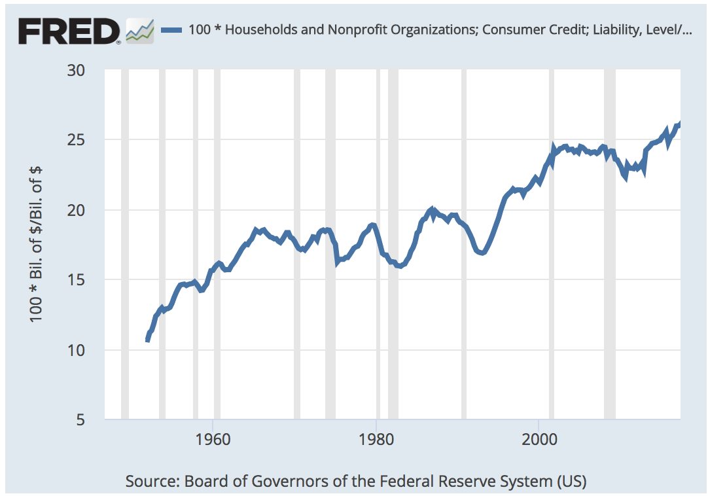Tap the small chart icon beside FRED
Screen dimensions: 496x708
[140, 30]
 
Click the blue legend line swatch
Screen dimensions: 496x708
[171, 29]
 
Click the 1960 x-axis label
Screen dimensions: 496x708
[213, 438]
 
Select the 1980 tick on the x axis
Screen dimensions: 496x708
[376, 438]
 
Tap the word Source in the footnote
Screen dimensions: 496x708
[150, 482]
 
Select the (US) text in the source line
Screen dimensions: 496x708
[571, 482]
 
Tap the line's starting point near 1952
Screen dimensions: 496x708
[147, 340]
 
